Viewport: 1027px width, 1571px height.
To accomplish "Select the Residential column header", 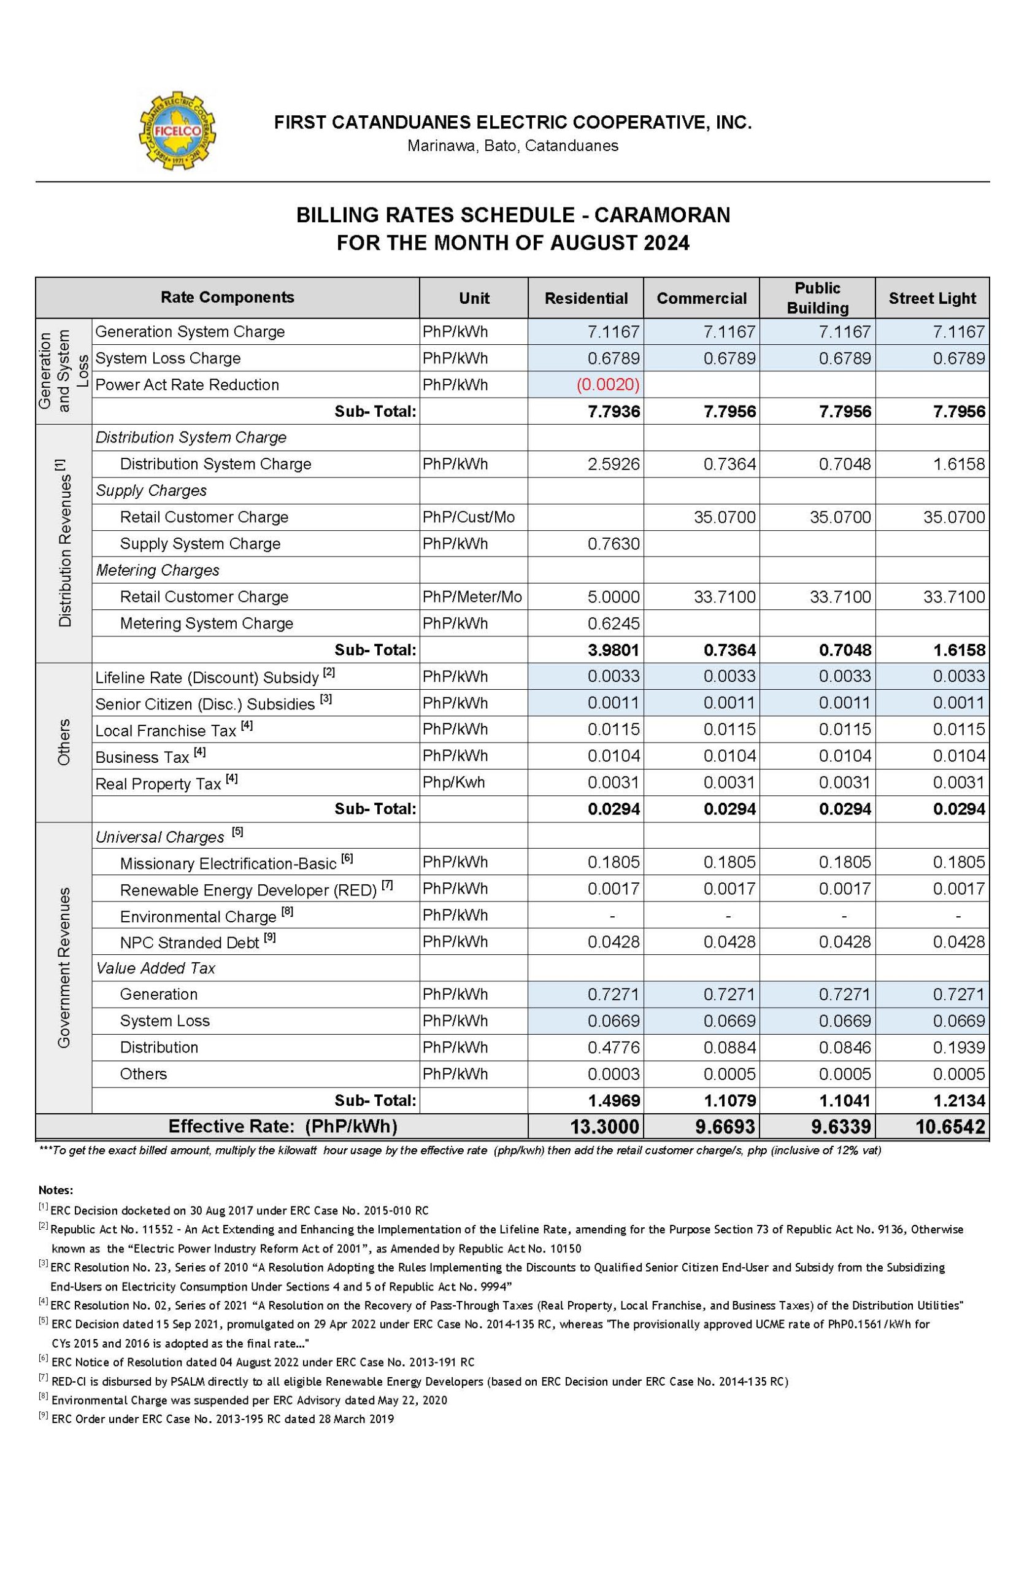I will pos(585,298).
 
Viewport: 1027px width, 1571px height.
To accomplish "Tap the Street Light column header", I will pos(931,298).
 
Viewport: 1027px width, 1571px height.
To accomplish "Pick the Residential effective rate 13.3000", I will pos(604,1127).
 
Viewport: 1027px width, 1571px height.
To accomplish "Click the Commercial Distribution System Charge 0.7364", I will pos(729,464).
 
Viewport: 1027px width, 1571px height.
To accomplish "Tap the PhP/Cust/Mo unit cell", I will pos(469,517).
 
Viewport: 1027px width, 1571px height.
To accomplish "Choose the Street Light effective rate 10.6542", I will pos(950,1127).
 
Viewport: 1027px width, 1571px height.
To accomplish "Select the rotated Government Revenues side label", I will pos(64,968).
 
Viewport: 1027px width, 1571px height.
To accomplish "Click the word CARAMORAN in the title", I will pos(661,215).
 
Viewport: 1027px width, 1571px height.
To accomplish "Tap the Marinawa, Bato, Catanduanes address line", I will pos(513,146).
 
